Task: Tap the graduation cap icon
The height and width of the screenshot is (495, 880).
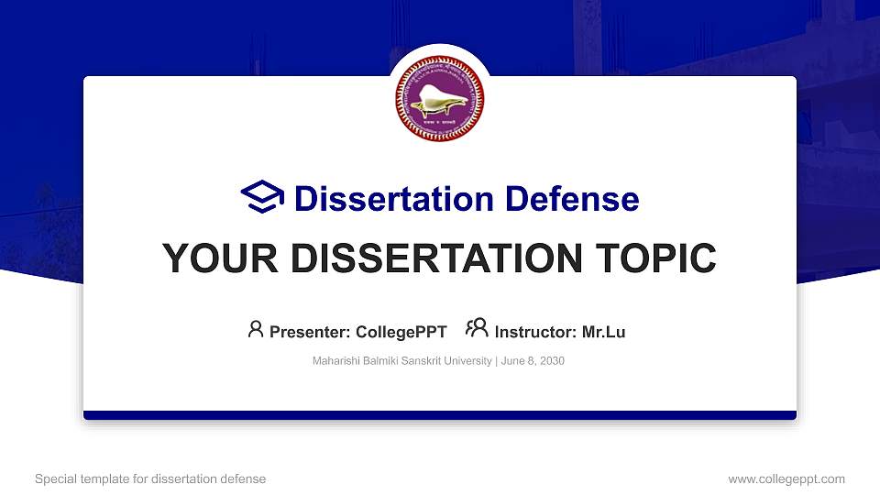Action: pyautogui.click(x=262, y=198)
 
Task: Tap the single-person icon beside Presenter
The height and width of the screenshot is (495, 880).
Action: pyautogui.click(x=256, y=328)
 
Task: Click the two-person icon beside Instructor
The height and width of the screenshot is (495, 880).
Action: pyautogui.click(x=477, y=328)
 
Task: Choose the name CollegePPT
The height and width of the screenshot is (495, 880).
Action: pyautogui.click(x=401, y=332)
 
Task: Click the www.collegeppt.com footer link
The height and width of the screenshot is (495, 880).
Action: pyautogui.click(x=786, y=478)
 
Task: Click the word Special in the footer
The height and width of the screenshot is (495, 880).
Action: pyautogui.click(x=54, y=478)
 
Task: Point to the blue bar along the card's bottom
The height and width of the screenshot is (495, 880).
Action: pyautogui.click(x=440, y=415)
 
